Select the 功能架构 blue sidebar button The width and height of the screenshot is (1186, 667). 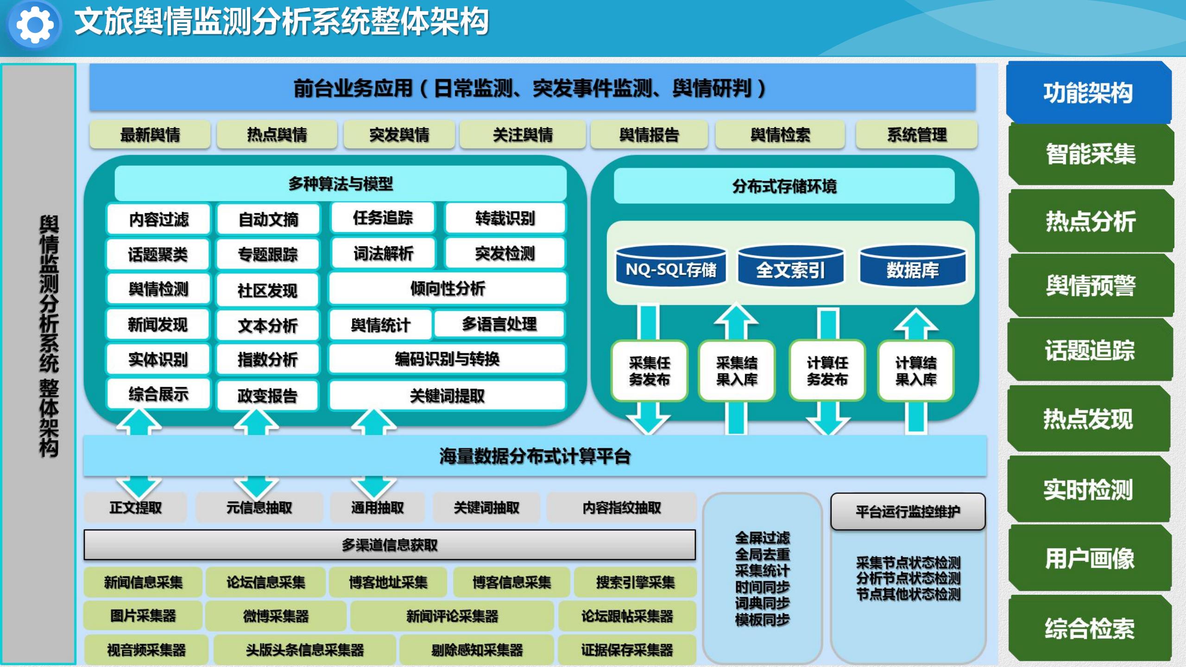[1088, 93]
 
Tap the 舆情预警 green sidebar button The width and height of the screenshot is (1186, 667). [1091, 285]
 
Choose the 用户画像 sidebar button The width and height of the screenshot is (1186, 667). [1090, 558]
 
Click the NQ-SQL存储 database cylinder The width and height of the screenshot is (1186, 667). [670, 268]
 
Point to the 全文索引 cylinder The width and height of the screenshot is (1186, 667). [790, 268]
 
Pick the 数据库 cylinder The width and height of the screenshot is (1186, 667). [913, 268]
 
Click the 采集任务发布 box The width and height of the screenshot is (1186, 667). [649, 371]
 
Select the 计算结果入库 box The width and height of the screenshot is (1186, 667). [915, 371]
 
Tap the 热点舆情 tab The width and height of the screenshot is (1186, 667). [277, 135]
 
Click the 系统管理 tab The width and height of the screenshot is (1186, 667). [916, 135]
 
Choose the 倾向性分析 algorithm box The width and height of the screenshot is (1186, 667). [447, 289]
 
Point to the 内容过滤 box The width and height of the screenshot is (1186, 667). [158, 219]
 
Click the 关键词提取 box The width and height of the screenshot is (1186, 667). [447, 396]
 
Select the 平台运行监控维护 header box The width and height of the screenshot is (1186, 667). [908, 511]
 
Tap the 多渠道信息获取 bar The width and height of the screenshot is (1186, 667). [389, 545]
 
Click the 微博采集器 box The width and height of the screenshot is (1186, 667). [276, 616]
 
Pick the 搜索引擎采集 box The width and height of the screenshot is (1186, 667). [635, 582]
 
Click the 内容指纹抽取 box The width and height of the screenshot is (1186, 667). [621, 508]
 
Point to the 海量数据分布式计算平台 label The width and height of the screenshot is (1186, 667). [535, 456]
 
